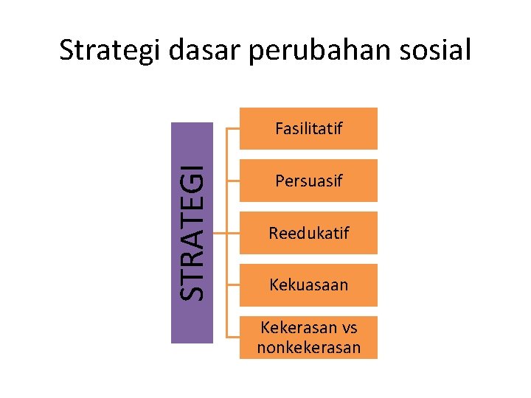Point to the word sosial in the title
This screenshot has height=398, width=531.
(x=435, y=51)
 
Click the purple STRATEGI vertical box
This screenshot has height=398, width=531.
(x=192, y=232)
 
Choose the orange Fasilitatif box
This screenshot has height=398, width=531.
(x=308, y=129)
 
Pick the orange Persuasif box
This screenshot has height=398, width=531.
(x=308, y=181)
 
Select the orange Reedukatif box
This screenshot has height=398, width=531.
(x=308, y=233)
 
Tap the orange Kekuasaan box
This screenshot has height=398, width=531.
(x=308, y=284)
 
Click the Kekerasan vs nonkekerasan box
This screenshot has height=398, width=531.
(x=308, y=337)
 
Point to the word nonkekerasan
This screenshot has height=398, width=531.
(x=308, y=347)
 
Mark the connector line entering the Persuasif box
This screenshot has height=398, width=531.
(x=232, y=181)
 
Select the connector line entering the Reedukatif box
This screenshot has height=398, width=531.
(x=232, y=233)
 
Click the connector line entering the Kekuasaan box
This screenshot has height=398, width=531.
(x=232, y=284)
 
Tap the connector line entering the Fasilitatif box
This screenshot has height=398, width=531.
(x=232, y=129)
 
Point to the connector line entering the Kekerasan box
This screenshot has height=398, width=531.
(x=232, y=337)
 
